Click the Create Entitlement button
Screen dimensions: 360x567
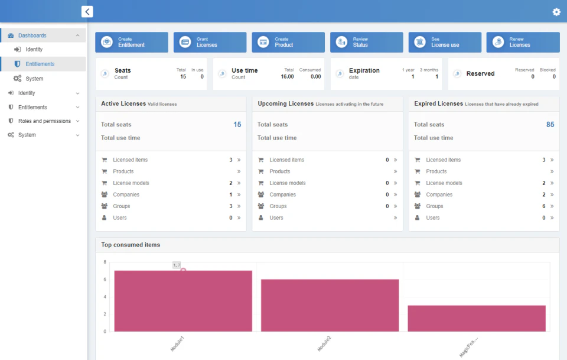(x=132, y=42)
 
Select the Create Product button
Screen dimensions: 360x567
(x=288, y=42)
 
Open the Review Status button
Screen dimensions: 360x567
(x=366, y=42)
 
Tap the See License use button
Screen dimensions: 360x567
(x=445, y=42)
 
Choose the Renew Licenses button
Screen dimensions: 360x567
(x=523, y=42)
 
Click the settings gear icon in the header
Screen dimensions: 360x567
(x=556, y=12)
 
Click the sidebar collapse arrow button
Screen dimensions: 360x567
(x=87, y=11)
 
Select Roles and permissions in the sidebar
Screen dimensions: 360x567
(x=44, y=121)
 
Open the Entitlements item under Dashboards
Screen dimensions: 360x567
(x=40, y=64)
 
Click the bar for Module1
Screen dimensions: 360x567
(x=183, y=301)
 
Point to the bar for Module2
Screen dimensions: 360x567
(x=330, y=305)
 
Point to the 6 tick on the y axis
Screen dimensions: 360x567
(x=105, y=280)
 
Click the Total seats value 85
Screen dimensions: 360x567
(x=550, y=125)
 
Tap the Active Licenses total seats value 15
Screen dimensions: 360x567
(x=237, y=125)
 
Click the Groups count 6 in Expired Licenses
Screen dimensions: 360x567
(x=544, y=206)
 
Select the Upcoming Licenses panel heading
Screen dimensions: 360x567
(x=286, y=104)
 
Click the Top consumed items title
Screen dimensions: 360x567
(x=131, y=245)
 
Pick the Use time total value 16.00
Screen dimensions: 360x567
(x=287, y=77)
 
